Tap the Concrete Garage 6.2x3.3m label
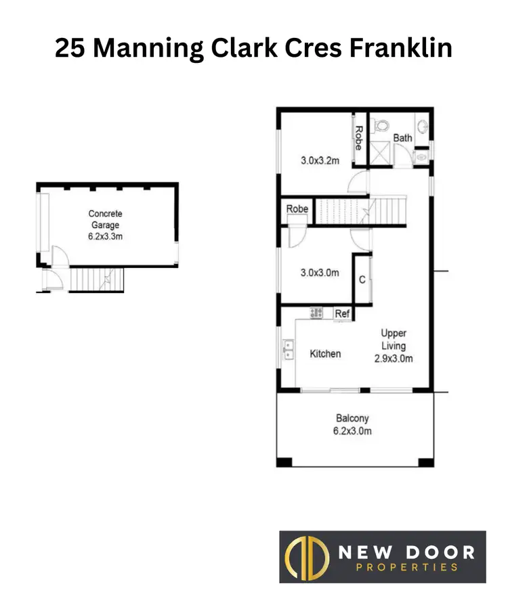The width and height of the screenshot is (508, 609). tap(105, 225)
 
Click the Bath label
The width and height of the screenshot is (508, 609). tap(403, 138)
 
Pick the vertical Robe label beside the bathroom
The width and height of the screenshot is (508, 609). tap(358, 138)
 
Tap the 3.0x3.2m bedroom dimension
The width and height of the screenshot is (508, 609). tap(320, 161)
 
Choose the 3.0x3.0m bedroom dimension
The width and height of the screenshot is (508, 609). tap(320, 273)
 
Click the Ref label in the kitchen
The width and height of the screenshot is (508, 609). tap(343, 314)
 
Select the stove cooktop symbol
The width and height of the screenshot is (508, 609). tap(316, 313)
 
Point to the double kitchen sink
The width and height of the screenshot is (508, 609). tap(289, 348)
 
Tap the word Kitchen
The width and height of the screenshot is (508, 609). tap(325, 354)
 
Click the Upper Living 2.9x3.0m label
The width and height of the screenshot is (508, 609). tap(394, 346)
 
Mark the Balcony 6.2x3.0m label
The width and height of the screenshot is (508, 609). tap(353, 425)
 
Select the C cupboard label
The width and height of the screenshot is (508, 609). tap(362, 279)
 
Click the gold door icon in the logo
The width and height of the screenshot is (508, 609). tap(301, 556)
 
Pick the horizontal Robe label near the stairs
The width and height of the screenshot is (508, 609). tap(297, 209)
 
